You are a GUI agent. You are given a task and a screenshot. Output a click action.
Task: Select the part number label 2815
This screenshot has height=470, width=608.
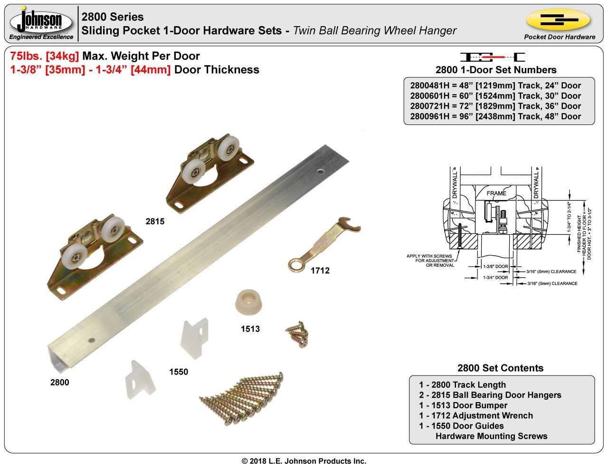(155, 221)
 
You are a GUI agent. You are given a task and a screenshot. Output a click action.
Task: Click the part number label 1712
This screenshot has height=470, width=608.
(320, 270)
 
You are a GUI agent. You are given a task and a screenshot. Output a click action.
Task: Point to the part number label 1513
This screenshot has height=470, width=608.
(250, 329)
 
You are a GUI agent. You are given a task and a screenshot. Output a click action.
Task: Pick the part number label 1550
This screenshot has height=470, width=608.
(179, 372)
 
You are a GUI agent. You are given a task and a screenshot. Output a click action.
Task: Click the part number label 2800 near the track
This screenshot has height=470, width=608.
(60, 382)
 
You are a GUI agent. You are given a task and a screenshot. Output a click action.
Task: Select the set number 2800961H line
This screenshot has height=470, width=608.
(495, 116)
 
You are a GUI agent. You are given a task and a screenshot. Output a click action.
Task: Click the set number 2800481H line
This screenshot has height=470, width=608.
(495, 86)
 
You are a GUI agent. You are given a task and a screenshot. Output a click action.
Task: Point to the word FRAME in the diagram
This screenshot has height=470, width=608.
(496, 193)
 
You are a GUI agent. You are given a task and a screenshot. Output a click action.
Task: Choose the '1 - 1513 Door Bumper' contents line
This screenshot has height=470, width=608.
(463, 405)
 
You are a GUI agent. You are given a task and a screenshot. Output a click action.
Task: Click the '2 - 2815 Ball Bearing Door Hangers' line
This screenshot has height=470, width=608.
(490, 395)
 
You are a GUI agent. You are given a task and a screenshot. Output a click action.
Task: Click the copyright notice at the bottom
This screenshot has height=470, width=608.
(304, 461)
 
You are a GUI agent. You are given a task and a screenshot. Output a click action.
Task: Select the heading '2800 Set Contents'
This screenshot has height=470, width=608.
(500, 368)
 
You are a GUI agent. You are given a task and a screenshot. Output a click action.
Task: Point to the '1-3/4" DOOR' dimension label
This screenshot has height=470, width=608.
(495, 278)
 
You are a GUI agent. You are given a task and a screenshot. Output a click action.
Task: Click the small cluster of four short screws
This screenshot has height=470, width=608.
(298, 334)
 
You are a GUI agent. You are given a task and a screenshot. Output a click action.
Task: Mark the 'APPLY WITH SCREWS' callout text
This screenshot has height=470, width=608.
(429, 257)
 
